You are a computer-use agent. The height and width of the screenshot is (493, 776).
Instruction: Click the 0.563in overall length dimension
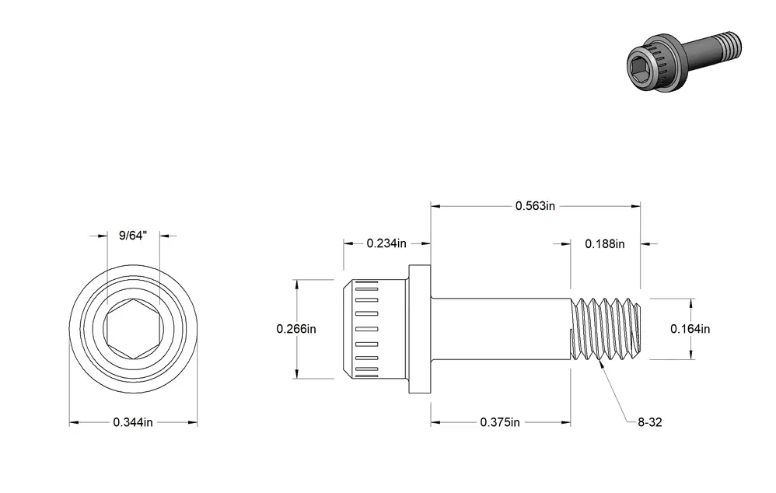coord(535,206)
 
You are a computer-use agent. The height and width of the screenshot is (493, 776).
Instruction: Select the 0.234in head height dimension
coord(386,243)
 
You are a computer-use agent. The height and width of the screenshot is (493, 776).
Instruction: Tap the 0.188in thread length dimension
coord(605,244)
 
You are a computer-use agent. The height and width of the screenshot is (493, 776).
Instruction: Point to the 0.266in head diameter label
coord(296,329)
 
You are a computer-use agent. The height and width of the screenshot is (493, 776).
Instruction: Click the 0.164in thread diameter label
coord(690,329)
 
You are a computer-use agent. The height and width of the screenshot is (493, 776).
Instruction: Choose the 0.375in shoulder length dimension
coord(500,422)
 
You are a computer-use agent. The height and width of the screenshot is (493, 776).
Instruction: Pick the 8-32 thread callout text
coord(650,422)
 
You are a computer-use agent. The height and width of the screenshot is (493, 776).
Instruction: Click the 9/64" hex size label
coord(133,236)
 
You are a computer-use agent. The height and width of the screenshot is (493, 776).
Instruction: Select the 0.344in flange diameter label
coord(133,422)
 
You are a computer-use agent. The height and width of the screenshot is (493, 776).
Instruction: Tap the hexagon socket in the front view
coord(134,329)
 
